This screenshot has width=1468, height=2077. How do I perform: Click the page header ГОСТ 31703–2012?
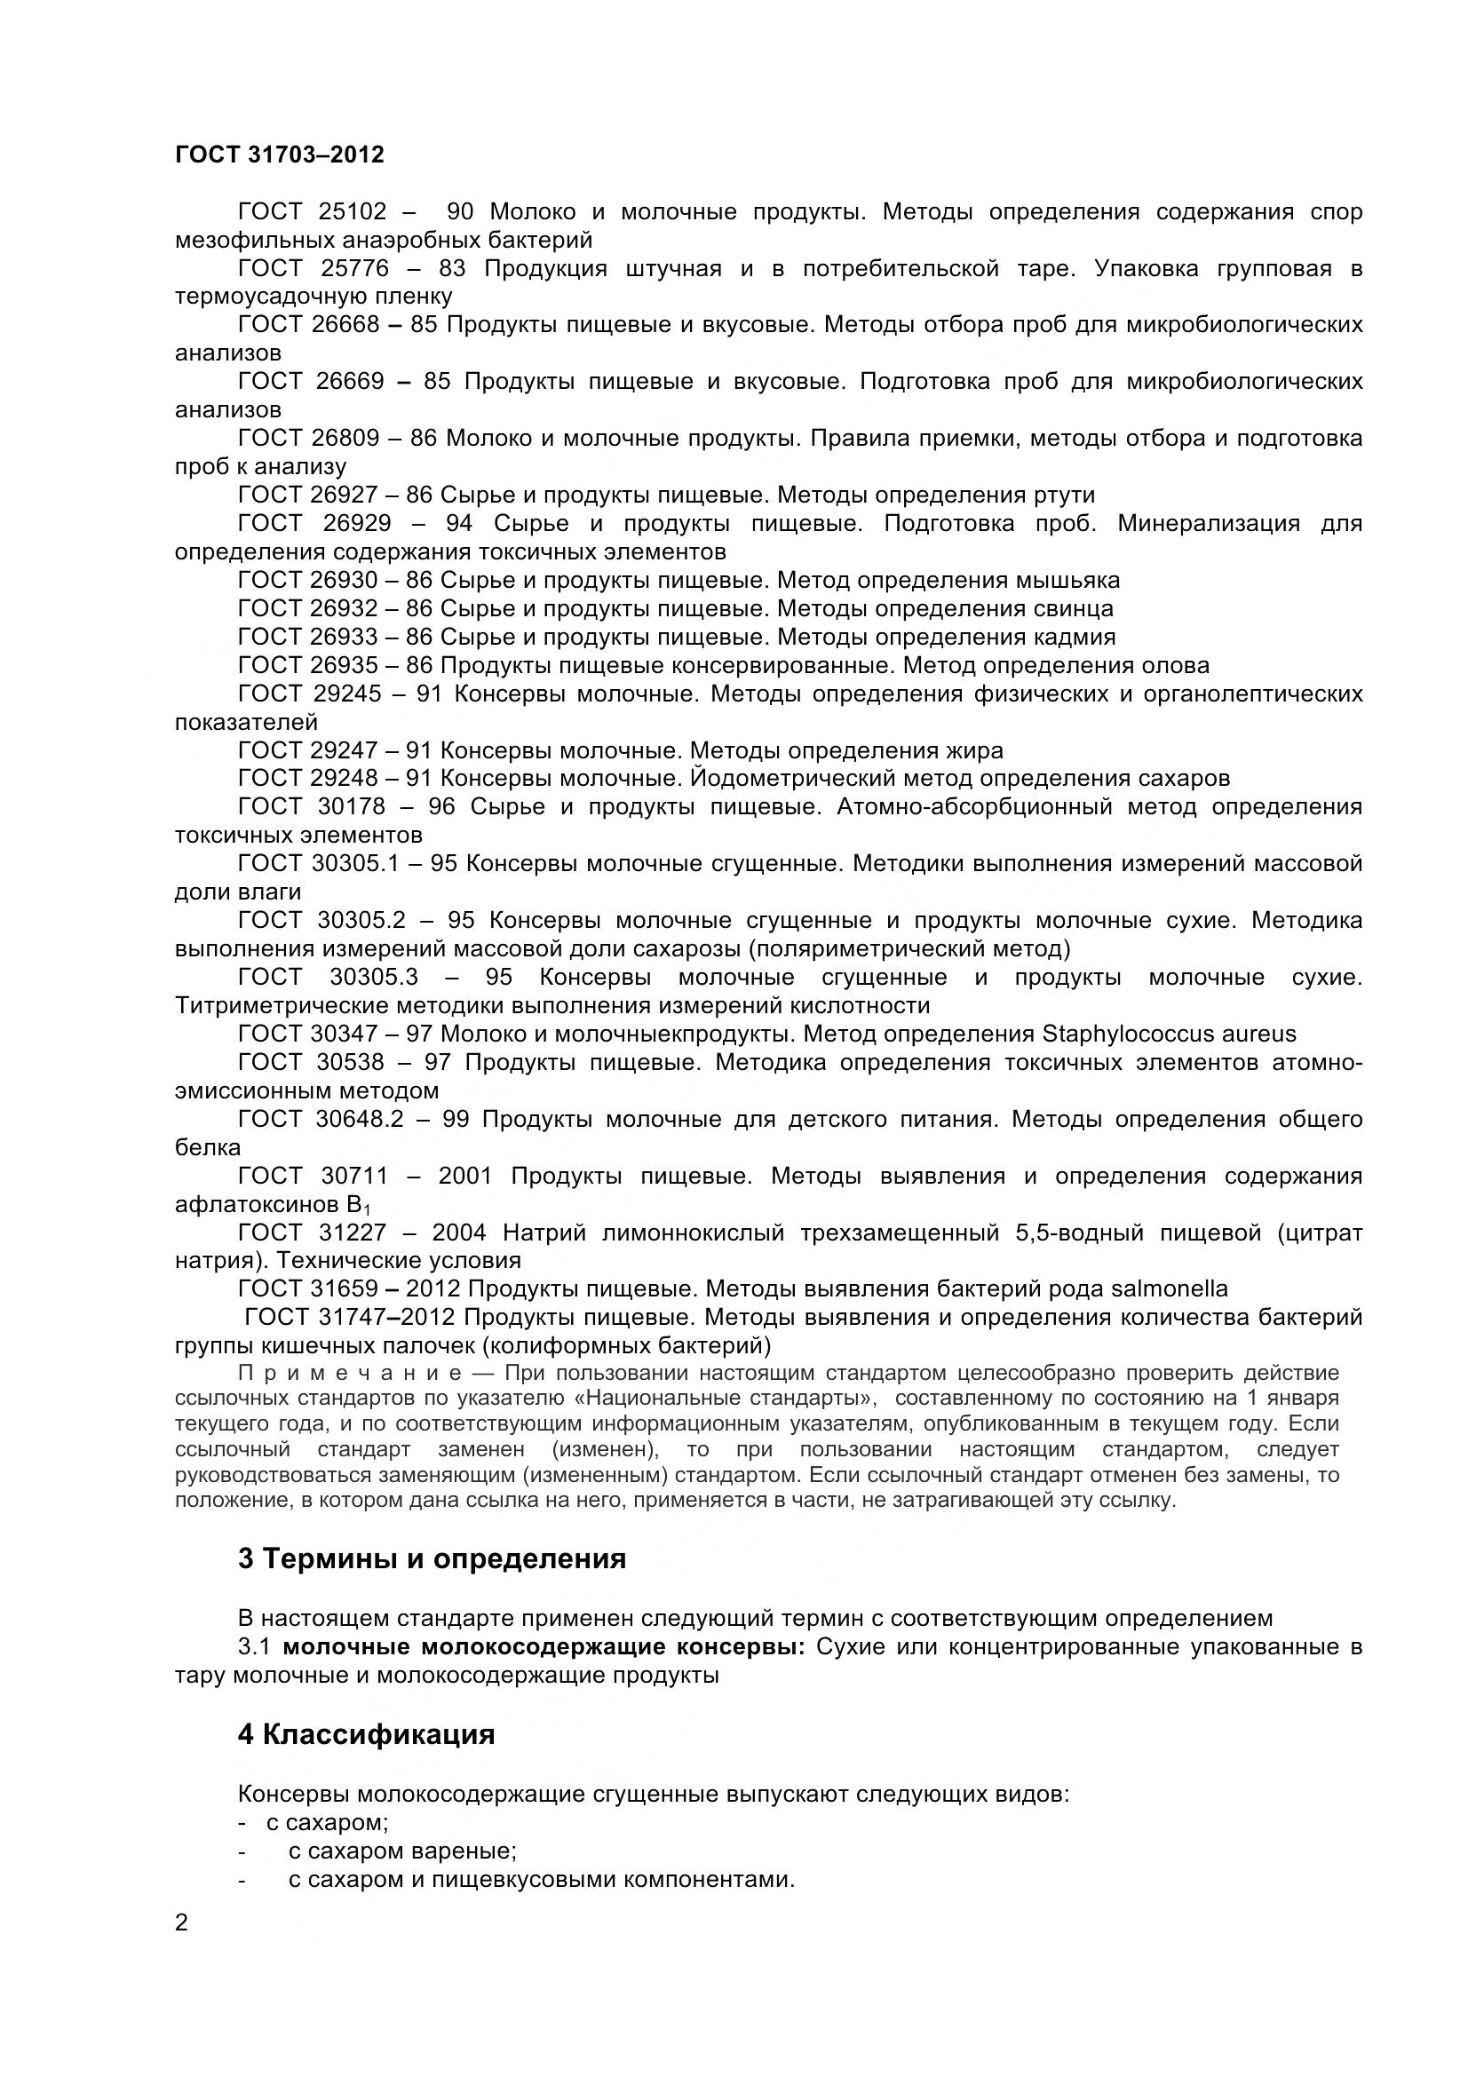[279, 155]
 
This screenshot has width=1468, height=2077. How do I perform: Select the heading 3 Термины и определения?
[432, 1558]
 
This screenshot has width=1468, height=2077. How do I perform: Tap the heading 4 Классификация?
[366, 1734]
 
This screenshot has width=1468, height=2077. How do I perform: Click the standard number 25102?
[352, 211]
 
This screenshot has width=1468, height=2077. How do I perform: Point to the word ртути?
[1063, 495]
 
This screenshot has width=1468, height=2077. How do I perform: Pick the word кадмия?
[1075, 637]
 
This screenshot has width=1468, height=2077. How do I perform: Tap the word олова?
[1174, 666]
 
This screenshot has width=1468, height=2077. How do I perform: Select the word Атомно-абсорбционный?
[974, 807]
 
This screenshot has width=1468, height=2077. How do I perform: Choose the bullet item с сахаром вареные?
[402, 1851]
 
